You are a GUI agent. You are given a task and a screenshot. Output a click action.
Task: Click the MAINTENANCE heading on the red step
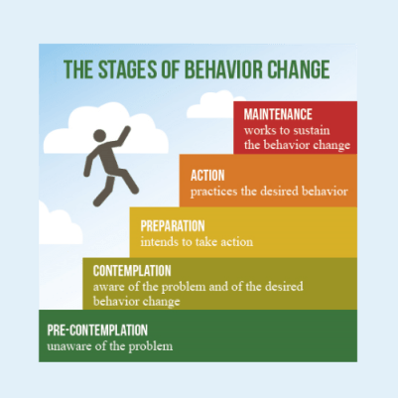tap(278, 113)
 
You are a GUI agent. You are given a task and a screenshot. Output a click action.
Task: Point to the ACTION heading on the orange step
tap(211, 175)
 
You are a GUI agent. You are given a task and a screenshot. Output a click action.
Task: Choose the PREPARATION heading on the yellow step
tap(173, 225)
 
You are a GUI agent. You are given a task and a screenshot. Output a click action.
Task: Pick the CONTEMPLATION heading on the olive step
tap(132, 270)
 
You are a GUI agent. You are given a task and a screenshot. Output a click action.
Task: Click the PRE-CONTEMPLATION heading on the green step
tap(97, 330)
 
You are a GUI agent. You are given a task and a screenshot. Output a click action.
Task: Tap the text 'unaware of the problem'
tap(110, 346)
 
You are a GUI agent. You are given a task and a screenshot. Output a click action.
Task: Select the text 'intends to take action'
tap(197, 241)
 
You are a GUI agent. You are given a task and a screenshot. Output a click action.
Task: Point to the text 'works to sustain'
tap(288, 130)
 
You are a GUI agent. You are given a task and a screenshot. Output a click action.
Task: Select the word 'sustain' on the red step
tap(317, 130)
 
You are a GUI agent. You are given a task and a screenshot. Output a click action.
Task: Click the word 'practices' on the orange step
tap(216, 191)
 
